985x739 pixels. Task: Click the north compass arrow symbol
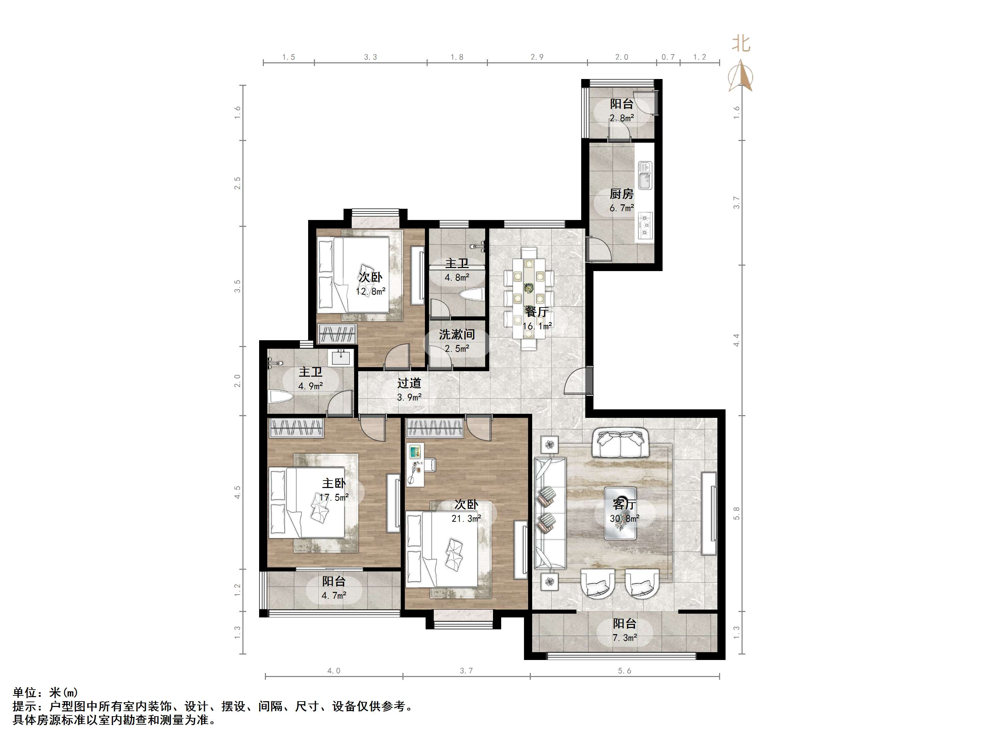coord(740,76)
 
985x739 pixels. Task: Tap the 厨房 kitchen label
coord(622,194)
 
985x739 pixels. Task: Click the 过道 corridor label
coord(409,383)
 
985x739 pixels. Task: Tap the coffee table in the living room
coord(620,513)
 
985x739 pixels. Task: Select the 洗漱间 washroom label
coord(457,334)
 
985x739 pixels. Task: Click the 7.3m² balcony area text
coord(625,638)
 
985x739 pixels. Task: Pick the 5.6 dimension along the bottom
coord(624,671)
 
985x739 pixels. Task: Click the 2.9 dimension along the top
coord(537,57)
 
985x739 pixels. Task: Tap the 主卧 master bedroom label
coord(334,483)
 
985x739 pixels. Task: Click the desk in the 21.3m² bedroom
coord(415,465)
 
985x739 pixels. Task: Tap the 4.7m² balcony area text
coord(334,595)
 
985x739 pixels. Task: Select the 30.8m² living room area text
coord(625,519)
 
